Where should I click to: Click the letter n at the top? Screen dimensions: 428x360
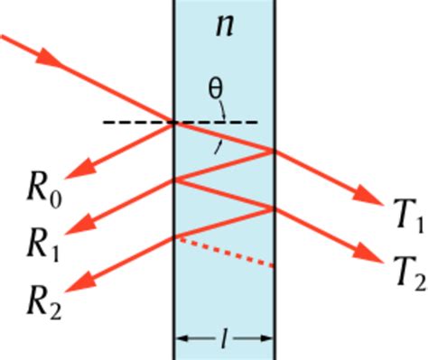click(x=223, y=26)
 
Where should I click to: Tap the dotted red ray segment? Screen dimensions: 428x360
click(x=226, y=253)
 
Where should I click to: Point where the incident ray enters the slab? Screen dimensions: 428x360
click(x=173, y=122)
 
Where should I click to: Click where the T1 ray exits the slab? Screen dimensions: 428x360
click(x=273, y=151)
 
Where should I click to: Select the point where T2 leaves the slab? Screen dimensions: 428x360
click(x=273, y=208)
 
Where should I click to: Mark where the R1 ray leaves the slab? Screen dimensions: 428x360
click(x=173, y=180)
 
